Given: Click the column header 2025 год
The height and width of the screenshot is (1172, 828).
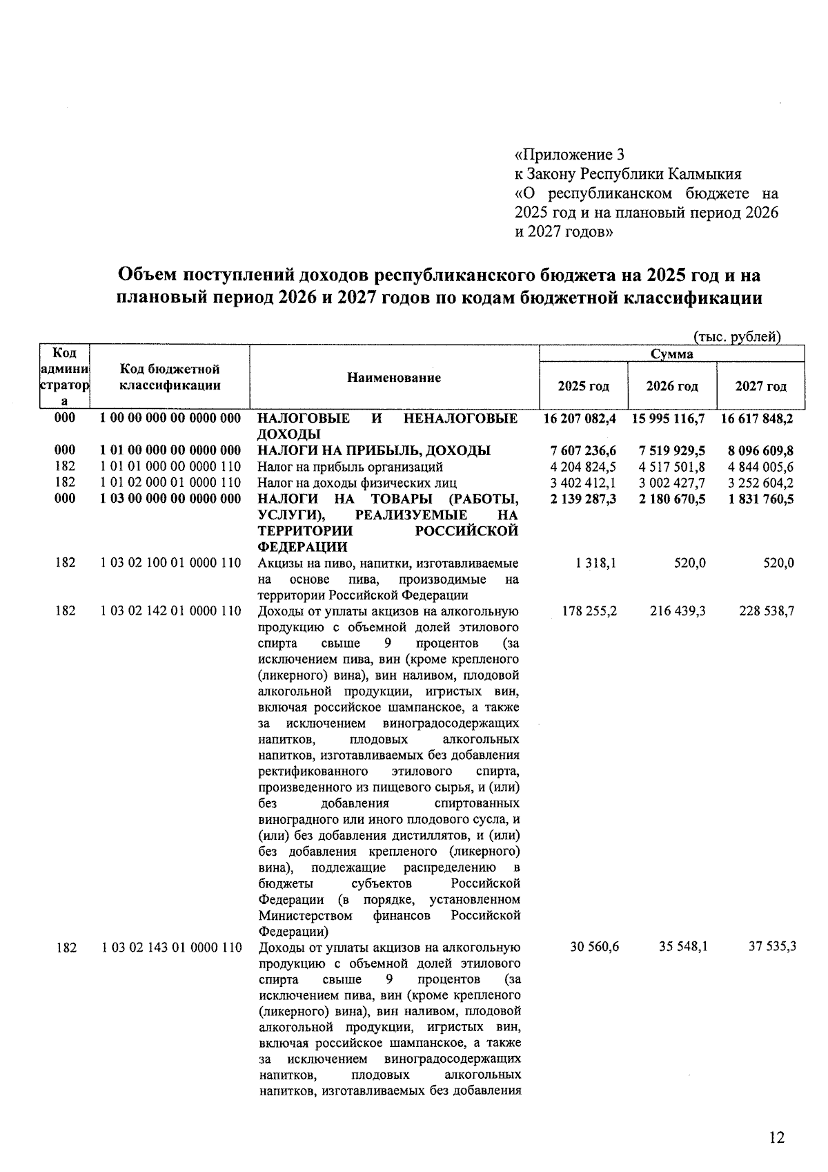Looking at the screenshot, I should [x=583, y=386].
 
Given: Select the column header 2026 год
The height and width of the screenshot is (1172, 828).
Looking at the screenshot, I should [x=671, y=386].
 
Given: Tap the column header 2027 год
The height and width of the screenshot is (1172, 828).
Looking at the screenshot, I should [x=760, y=386].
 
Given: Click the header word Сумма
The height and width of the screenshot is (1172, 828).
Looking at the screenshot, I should [x=672, y=354].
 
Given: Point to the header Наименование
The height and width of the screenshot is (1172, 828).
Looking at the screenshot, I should [x=393, y=378].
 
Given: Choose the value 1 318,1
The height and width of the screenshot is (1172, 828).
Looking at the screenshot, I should [x=597, y=564].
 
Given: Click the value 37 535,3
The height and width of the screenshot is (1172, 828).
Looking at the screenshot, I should [x=772, y=947].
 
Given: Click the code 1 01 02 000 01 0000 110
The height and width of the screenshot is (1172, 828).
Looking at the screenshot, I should [x=170, y=483].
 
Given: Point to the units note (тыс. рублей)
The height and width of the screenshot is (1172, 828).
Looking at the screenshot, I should [x=736, y=337].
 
